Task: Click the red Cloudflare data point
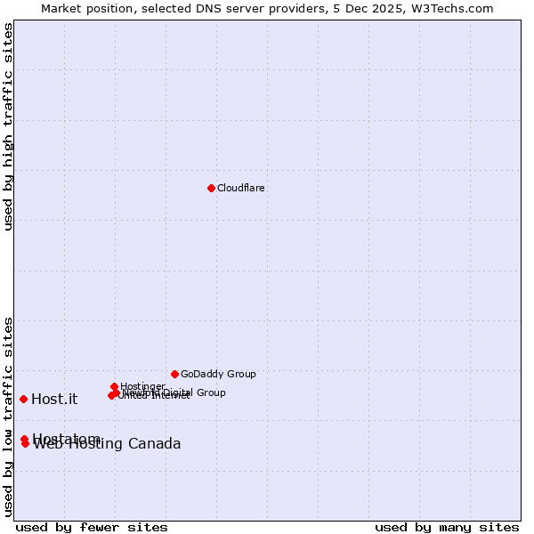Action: coord(211,188)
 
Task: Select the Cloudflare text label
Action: coord(241,189)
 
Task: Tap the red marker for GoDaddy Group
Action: coord(174,374)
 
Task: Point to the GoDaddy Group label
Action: coord(218,375)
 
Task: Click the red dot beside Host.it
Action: coord(23,399)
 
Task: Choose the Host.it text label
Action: coord(54,400)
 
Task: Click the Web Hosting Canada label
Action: coord(107,444)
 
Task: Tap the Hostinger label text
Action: coord(142,386)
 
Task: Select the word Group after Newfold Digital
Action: coord(210,392)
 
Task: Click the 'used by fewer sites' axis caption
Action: coord(92,527)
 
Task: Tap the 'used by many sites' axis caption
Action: coord(447,527)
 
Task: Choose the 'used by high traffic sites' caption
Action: coord(8,126)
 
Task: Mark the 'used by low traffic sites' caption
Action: coord(8,417)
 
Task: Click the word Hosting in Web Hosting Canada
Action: coord(96,444)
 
